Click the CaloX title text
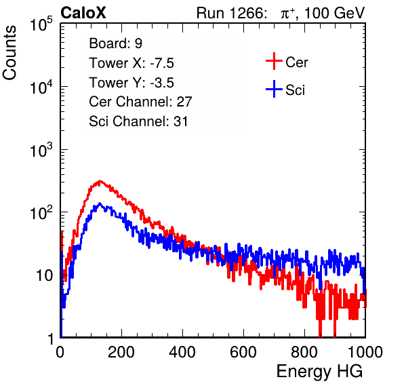pos(83,13)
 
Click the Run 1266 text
pos(230,13)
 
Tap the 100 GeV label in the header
pos(334,13)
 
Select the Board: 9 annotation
pos(115,43)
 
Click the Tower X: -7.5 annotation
pos(132,63)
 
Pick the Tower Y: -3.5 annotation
pos(132,83)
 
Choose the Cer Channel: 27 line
pos(140,102)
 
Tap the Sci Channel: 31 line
pos(138,121)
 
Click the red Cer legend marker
pos(274,61)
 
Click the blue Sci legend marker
pos(274,90)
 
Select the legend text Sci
pos(296,90)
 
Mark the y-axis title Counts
pos(9,53)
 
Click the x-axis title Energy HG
pos(319,372)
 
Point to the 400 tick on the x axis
pos(182,352)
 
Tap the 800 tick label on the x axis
pos(304,352)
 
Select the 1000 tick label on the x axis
pos(365,352)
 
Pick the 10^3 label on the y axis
pos(41,150)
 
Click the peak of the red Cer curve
pos(100,180)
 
